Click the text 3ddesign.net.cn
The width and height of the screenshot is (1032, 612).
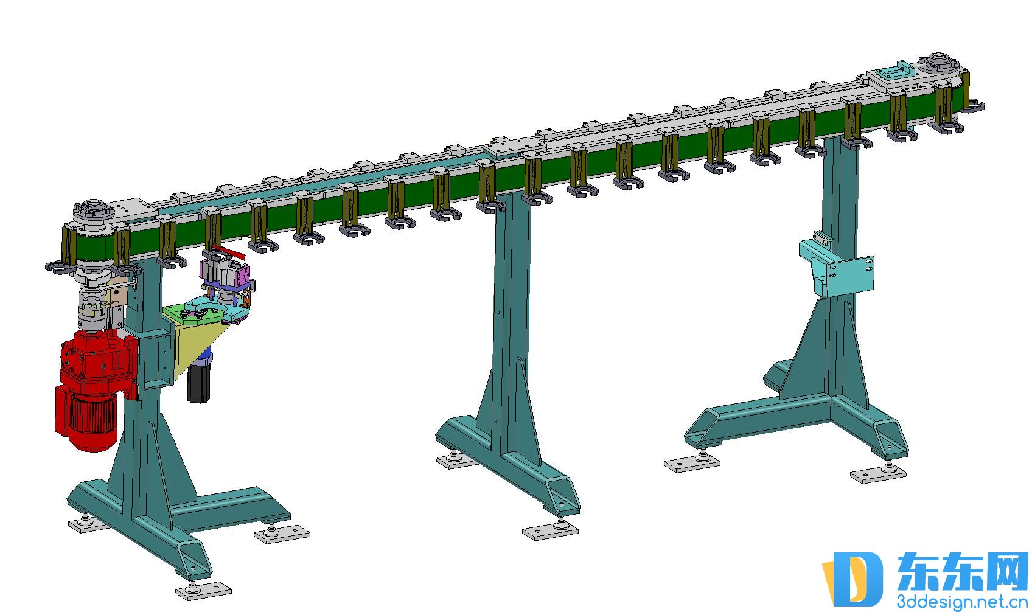962,602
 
